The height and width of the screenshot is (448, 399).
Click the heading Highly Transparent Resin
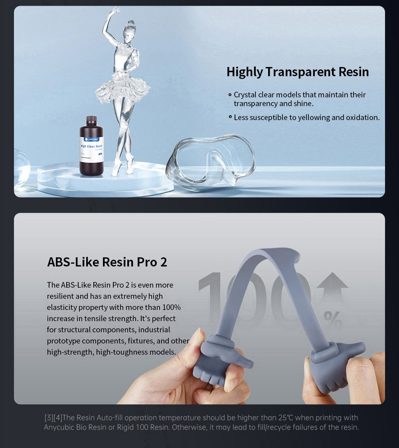point(298,72)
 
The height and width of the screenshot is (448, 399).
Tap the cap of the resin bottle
point(91,120)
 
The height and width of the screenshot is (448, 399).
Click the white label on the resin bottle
point(91,150)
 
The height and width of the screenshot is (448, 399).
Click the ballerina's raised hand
point(115,9)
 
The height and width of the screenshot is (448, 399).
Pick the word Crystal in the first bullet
point(245,95)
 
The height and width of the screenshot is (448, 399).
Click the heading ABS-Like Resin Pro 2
point(107,262)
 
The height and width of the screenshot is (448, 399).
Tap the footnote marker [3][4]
point(53,418)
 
